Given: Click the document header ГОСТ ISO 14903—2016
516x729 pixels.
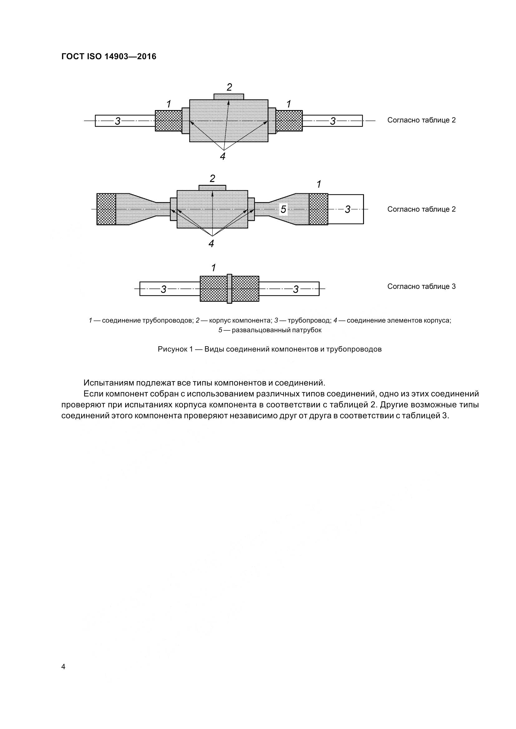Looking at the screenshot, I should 109,56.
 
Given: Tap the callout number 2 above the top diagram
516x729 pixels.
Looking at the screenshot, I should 229,87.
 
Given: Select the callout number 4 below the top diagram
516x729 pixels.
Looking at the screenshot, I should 223,156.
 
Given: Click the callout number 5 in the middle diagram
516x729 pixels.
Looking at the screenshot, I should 283,209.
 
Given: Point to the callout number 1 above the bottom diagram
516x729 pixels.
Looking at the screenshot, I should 214,268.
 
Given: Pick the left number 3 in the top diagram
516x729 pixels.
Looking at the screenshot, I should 118,121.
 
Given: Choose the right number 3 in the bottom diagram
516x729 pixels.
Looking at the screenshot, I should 296,289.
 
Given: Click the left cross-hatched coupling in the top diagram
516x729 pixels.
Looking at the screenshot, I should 168,121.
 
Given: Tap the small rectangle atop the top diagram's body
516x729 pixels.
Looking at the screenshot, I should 229,97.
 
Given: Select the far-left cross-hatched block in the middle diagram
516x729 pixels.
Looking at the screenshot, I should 106,209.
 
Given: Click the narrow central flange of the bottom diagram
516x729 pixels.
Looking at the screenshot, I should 229,289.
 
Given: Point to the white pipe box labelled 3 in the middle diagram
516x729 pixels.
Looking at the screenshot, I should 346,209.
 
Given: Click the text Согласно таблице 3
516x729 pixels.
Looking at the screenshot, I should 421,286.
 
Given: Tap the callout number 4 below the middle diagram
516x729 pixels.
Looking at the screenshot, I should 211,243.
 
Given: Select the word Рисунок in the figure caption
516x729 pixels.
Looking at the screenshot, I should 171,349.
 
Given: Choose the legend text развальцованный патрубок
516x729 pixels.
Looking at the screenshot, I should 277,330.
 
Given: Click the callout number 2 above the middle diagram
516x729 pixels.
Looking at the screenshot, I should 212,179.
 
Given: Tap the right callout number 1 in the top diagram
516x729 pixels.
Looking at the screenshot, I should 289,104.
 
